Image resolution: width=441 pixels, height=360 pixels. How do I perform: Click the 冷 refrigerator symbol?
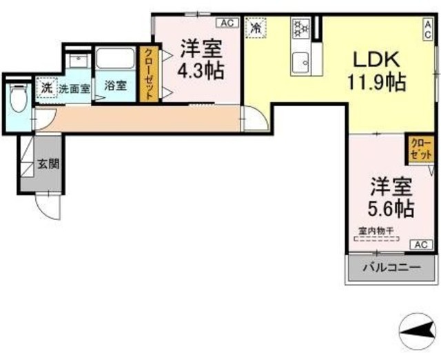(256, 28)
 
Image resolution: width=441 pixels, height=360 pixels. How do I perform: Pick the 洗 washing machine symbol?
(46, 88)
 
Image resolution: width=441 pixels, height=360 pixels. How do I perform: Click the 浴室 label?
(115, 86)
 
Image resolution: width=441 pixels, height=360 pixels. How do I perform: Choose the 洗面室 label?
(73, 88)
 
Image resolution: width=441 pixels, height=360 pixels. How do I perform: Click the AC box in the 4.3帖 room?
(229, 22)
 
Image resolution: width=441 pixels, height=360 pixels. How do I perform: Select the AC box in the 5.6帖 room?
(421, 244)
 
